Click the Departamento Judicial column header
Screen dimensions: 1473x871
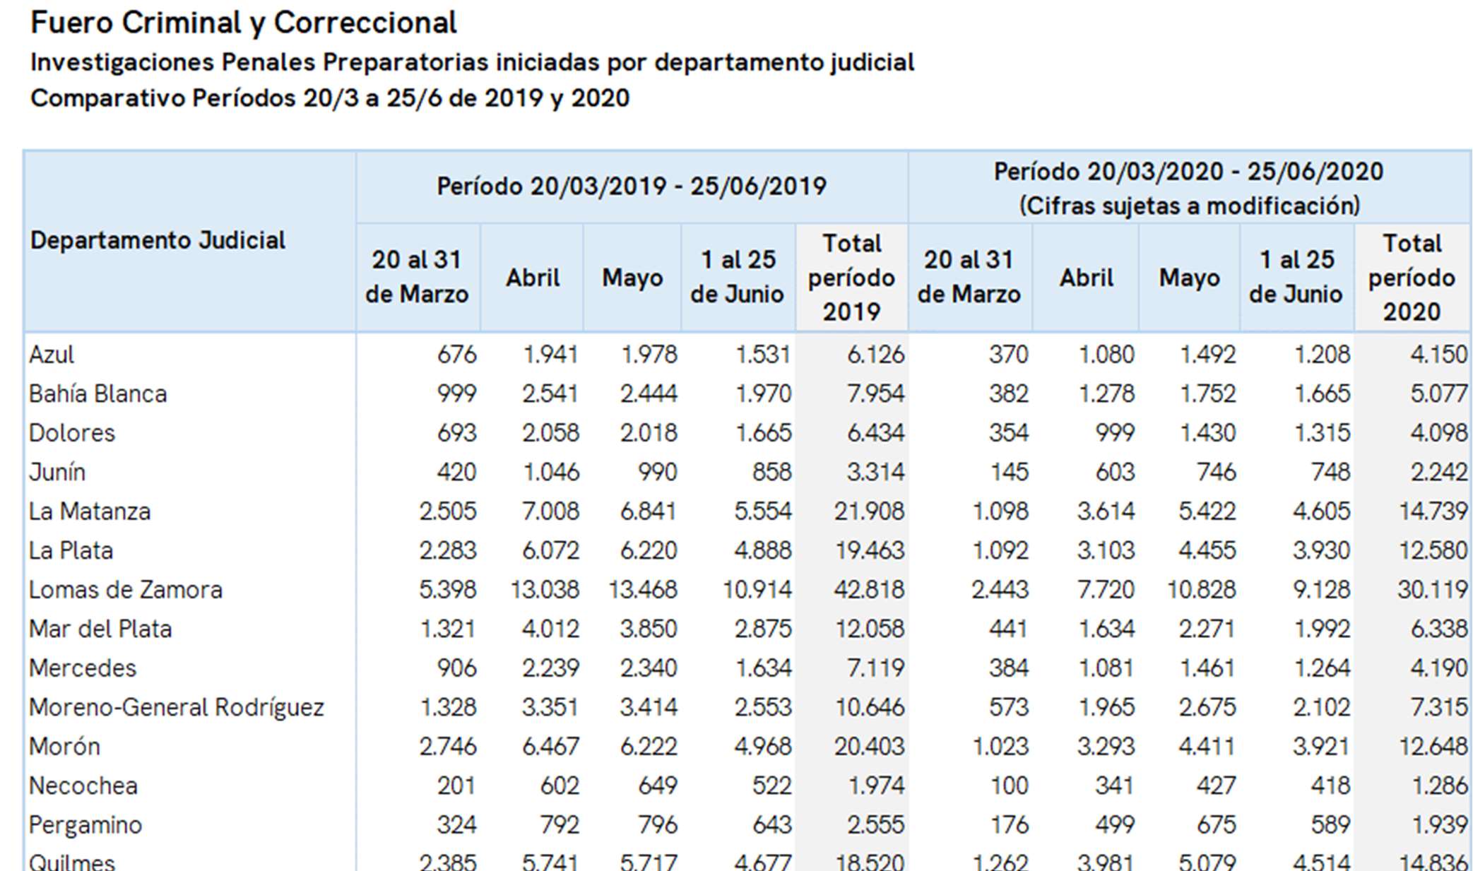click(158, 241)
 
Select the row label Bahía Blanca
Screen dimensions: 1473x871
click(97, 393)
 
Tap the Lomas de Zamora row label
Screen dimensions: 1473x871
click(126, 590)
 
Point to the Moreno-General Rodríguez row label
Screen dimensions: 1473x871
click(177, 707)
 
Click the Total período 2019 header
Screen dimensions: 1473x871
click(851, 278)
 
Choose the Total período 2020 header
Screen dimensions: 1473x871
click(1412, 278)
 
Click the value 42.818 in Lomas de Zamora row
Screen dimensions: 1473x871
click(869, 590)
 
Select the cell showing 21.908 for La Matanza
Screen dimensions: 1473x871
click(869, 511)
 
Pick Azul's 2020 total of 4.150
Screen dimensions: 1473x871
click(1439, 354)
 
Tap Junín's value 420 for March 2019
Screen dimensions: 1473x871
click(456, 472)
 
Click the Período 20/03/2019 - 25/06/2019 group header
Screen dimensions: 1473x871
click(632, 186)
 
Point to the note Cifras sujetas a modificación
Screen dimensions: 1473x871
click(1189, 206)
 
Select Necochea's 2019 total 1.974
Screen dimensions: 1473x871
click(876, 786)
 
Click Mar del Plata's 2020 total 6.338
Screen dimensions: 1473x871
click(1439, 629)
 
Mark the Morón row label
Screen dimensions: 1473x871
click(64, 747)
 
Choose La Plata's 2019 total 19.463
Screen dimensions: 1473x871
click(870, 550)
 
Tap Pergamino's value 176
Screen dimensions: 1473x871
click(1009, 825)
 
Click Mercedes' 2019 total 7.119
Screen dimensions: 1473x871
click(876, 668)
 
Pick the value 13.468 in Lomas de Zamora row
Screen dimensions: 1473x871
click(643, 590)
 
